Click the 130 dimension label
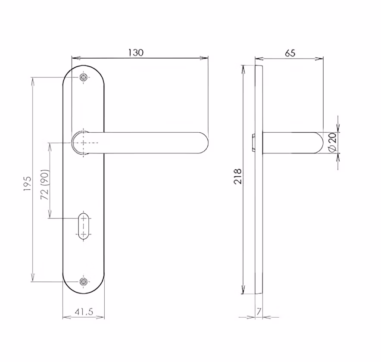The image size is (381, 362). [x=136, y=53]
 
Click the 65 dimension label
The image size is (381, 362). [x=290, y=53]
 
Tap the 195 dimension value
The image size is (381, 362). [x=28, y=184]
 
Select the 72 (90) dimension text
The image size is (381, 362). [x=45, y=184]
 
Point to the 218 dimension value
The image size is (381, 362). [x=238, y=176]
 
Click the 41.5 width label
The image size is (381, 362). [x=84, y=312]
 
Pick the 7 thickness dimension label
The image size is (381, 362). [x=259, y=312]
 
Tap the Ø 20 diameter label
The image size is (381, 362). [x=332, y=142]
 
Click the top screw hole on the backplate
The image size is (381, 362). [x=83, y=77]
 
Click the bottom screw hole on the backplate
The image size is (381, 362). [x=83, y=281]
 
